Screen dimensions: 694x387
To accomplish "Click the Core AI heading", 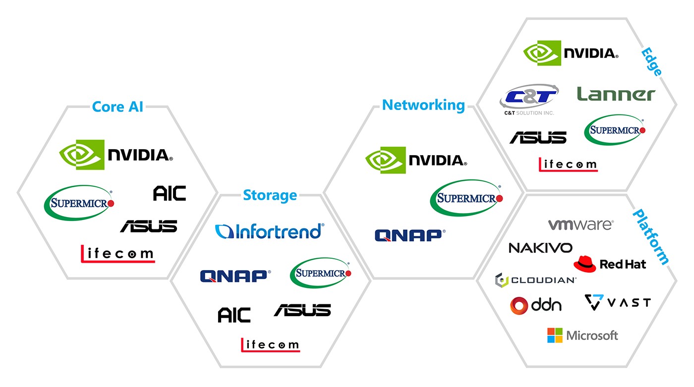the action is point(118,107).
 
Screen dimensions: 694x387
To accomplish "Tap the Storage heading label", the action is point(270,195).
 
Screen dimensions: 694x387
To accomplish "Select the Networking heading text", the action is point(423,106).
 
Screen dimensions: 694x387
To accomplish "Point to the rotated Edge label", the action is point(651,61).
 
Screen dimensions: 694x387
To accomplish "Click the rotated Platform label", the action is point(650,237).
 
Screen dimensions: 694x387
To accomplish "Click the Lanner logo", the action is point(616,94).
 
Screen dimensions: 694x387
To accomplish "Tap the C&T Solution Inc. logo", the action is point(529,100).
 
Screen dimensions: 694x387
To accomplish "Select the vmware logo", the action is point(581,224).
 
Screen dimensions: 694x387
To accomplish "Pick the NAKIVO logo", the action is point(541,248).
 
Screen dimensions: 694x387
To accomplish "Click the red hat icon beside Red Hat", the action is point(584,264).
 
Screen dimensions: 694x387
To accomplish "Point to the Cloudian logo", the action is point(536,280).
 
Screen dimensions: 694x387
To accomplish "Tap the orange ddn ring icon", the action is point(519,306).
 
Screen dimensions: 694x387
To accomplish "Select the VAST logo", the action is point(618,302).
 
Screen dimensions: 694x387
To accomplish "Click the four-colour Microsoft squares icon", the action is point(555,335).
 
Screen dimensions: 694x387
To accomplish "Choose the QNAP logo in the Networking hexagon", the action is point(410,235).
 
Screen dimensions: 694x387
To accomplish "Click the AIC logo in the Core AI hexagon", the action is point(170,193).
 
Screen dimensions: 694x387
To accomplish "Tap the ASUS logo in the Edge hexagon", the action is point(538,137).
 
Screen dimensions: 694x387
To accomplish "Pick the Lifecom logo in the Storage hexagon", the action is point(271,345).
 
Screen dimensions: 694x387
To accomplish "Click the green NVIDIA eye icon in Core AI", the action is point(82,155).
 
